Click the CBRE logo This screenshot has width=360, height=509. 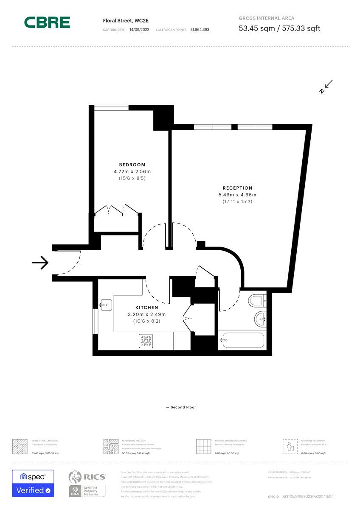pos(47,22)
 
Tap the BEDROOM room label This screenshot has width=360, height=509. pos(132,165)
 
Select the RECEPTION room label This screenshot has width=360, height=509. pos(237,188)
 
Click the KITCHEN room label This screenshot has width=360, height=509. pos(146,308)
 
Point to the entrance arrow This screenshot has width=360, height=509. pos(40,263)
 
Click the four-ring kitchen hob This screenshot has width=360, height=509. pos(146,341)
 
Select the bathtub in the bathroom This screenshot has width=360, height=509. pos(242,341)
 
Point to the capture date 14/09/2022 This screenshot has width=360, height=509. pos(139,30)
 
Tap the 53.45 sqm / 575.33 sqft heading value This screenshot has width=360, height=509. pos(279,28)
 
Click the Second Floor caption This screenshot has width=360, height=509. pos(181,407)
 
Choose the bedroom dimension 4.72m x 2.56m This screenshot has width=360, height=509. pos(132,172)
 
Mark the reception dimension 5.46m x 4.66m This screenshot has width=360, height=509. pos(237,195)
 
